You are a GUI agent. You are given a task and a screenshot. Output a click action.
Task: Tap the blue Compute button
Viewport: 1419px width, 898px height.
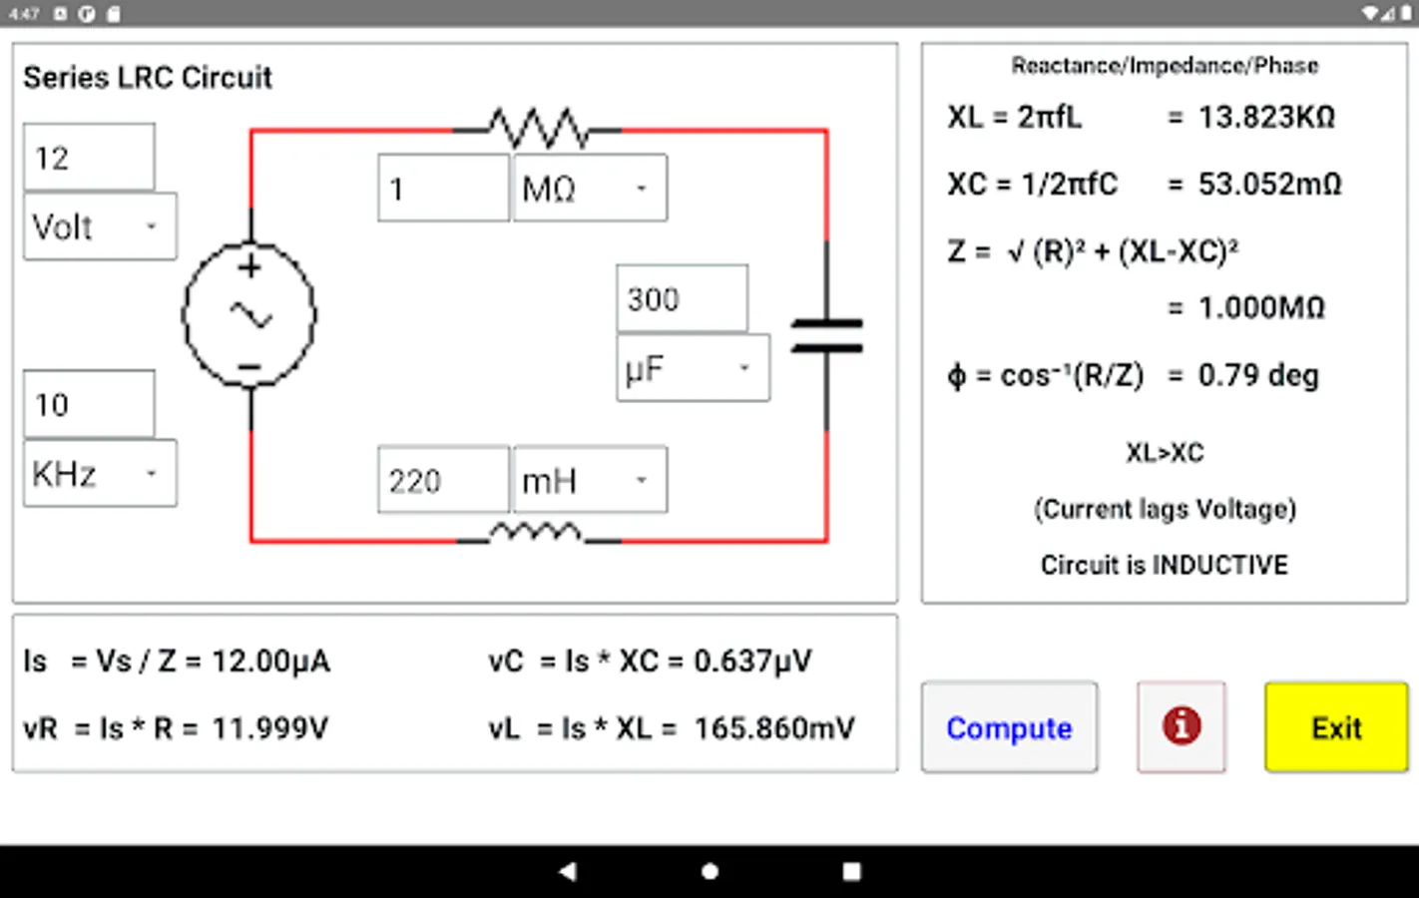(x=1009, y=727)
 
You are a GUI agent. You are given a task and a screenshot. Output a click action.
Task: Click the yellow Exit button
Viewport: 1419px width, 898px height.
(x=1335, y=727)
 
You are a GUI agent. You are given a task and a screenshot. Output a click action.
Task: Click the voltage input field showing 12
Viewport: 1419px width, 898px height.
(x=89, y=158)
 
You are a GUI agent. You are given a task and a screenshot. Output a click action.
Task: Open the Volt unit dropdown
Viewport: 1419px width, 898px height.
(x=100, y=227)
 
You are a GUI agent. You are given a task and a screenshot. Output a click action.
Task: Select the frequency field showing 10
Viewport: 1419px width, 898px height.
(x=89, y=404)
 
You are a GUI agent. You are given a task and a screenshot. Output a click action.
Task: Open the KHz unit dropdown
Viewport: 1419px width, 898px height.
(x=100, y=474)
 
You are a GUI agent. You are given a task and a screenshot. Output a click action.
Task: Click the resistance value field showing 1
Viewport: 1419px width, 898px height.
(x=443, y=189)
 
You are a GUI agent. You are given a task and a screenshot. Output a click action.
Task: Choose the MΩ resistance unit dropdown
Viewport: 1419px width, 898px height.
(x=589, y=189)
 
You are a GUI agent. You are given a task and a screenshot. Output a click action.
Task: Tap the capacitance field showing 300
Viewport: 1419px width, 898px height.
(x=682, y=299)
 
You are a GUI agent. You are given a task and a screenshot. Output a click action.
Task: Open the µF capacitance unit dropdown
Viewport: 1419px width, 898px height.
(x=693, y=369)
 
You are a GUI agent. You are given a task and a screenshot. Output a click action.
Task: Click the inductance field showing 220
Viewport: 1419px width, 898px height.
(x=443, y=481)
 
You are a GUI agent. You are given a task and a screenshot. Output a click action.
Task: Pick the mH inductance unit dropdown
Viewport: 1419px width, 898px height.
(x=589, y=481)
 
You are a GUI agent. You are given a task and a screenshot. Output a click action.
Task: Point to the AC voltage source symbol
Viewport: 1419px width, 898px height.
(x=249, y=315)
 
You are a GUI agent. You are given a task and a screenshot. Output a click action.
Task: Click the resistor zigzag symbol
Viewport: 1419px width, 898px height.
(x=538, y=129)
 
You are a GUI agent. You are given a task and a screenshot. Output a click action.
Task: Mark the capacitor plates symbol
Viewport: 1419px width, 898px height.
(x=826, y=335)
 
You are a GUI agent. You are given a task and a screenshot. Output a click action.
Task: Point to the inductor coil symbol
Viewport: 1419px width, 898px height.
(x=538, y=534)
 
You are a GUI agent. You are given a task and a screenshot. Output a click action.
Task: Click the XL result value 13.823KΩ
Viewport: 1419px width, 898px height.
(x=1265, y=118)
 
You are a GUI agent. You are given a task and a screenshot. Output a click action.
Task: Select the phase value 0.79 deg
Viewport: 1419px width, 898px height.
(x=1257, y=376)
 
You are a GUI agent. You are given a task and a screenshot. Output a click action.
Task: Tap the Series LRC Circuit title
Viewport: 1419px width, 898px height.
(x=148, y=78)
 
